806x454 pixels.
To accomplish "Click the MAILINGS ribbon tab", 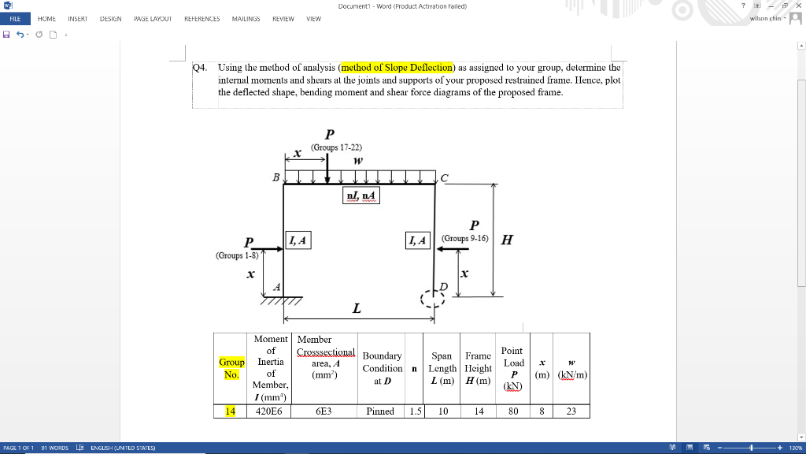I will click(x=246, y=18).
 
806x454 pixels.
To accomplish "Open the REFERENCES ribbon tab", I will click(x=201, y=18).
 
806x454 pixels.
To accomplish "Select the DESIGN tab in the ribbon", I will click(x=110, y=18).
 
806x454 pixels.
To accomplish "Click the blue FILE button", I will click(x=15, y=18).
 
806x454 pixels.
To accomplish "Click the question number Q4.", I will click(x=201, y=68).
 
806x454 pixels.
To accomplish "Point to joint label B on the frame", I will click(x=275, y=177).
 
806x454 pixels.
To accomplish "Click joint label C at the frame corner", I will click(x=445, y=178).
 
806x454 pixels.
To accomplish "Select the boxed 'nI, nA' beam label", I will click(x=361, y=195).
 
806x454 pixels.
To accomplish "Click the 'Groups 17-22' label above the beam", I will click(x=336, y=147).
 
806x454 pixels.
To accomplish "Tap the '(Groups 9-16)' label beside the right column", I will click(x=465, y=238).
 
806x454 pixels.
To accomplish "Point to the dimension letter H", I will click(x=507, y=240).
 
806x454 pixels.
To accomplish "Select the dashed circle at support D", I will click(x=433, y=299).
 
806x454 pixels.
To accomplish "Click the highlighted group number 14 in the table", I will click(x=231, y=411).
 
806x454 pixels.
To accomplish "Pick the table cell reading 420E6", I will click(x=270, y=411).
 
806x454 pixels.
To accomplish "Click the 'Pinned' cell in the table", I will click(x=380, y=411).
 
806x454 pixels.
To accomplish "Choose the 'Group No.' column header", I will click(x=231, y=368).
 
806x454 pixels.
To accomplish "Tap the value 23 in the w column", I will click(x=572, y=411).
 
